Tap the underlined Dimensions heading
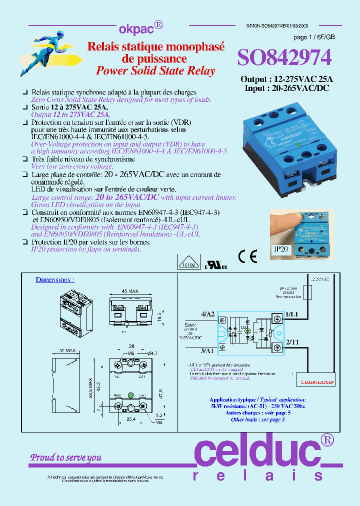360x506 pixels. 54,279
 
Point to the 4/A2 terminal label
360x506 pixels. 208,313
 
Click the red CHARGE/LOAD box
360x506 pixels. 317,382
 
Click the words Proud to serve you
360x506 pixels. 66,457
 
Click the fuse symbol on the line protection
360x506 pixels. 307,292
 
